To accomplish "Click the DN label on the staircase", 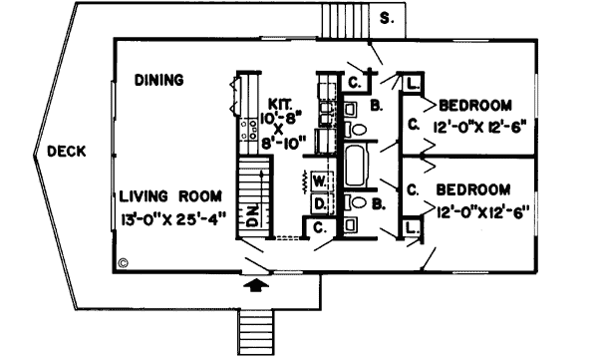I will [x=253, y=212].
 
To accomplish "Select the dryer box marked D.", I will [x=319, y=204].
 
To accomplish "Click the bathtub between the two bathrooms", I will [x=356, y=166].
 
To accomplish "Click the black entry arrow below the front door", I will [x=256, y=285].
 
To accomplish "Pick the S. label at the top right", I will [x=387, y=17].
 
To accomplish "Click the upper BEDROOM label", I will [x=475, y=105].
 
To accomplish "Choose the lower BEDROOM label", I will [x=473, y=189].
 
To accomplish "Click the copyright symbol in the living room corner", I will [x=123, y=264].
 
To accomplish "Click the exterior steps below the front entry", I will [x=256, y=330].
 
